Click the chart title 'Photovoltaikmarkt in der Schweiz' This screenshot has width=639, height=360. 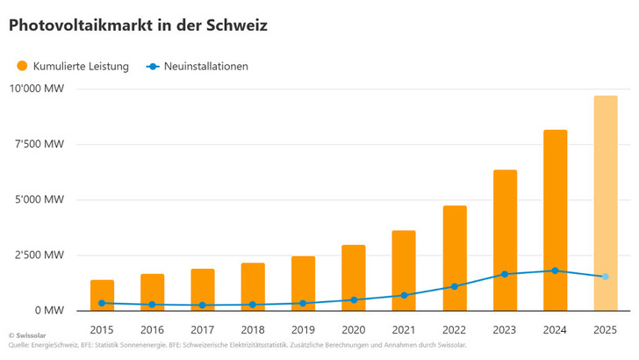(138, 26)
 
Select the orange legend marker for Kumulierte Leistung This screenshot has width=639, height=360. (22, 66)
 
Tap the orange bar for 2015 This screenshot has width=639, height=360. (102, 294)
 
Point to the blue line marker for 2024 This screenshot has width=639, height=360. (555, 270)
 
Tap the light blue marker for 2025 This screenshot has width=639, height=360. (605, 277)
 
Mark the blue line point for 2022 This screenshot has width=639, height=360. (455, 286)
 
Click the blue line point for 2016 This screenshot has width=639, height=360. (153, 305)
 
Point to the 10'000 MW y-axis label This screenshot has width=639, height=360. (36, 89)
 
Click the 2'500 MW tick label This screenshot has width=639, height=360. (39, 255)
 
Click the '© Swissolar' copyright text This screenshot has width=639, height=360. (27, 336)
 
